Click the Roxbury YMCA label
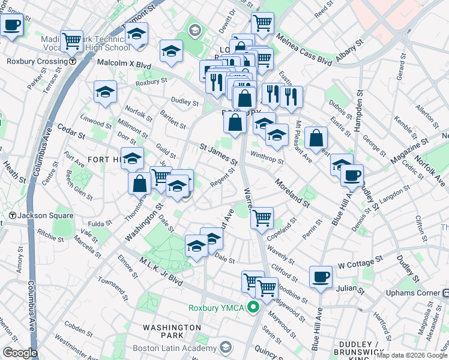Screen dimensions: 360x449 coord(216,308)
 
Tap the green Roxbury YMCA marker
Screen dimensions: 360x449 coord(253,308)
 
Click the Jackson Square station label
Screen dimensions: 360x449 coord(45,215)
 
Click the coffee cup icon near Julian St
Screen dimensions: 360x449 coord(321,277)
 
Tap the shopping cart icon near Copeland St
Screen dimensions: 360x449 coord(262,218)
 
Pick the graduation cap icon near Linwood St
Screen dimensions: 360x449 coord(106,92)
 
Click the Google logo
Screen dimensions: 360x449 coord(19,352)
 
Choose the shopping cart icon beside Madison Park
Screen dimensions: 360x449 coord(72,41)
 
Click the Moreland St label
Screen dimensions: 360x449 coord(292,192)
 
